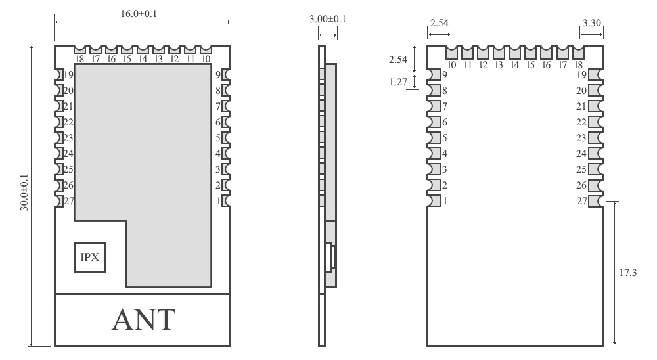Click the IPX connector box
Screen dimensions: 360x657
pos(89,257)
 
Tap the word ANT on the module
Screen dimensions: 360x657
pos(143,319)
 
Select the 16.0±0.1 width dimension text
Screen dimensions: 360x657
pos(143,14)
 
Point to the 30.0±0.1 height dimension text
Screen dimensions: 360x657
pos(26,195)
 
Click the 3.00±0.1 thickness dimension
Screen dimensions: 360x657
pos(328,20)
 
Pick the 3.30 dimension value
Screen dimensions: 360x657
pos(592,23)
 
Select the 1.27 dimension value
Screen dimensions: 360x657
pos(399,82)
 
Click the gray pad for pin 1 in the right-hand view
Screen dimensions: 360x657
pos(434,201)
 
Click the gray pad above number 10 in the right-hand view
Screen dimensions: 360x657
pos(451,52)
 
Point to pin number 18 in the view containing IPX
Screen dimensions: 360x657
pos(79,59)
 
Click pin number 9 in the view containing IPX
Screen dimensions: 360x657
pos(217,75)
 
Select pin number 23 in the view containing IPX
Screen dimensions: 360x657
pos(68,138)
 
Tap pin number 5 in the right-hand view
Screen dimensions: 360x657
pos(445,138)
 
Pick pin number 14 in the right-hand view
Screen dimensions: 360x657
pos(514,65)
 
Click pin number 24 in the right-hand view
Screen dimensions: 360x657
pos(581,154)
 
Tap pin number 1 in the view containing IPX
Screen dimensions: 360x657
pos(217,201)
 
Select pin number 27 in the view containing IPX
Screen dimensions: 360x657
pos(68,201)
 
